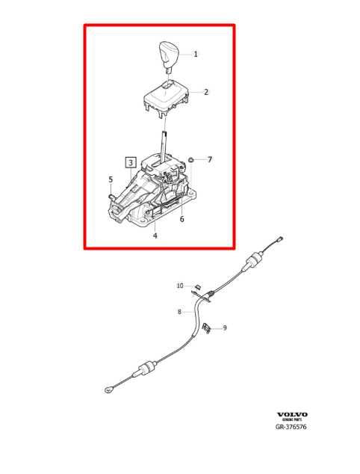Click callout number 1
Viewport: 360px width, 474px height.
click(x=196, y=54)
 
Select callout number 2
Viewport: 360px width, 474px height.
click(x=206, y=93)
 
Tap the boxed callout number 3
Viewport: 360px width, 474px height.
click(x=130, y=161)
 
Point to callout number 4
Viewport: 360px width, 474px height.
click(x=155, y=236)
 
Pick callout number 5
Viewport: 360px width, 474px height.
click(x=111, y=179)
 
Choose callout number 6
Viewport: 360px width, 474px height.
click(x=181, y=219)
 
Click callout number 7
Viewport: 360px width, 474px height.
click(x=210, y=159)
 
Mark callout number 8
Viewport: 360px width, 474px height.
click(x=179, y=312)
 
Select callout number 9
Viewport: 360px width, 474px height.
click(x=225, y=327)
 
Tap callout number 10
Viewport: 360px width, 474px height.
click(x=179, y=286)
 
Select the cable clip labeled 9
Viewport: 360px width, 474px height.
click(x=208, y=326)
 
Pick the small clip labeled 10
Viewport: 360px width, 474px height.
click(x=199, y=286)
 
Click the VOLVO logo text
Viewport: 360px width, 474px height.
click(x=292, y=414)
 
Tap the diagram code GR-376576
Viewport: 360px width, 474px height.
click(x=292, y=429)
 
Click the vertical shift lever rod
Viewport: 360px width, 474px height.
click(x=163, y=142)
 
